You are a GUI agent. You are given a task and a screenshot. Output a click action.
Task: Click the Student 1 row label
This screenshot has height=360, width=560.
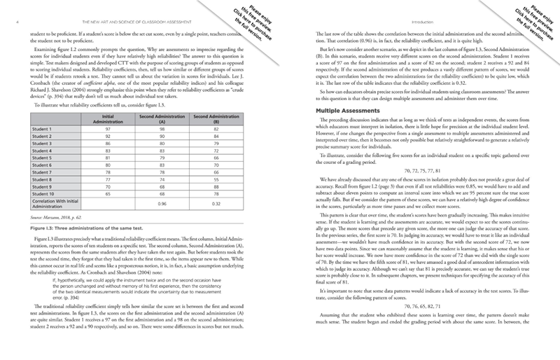point(45,130)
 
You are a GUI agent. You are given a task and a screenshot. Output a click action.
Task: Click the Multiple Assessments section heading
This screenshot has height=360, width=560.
point(347,111)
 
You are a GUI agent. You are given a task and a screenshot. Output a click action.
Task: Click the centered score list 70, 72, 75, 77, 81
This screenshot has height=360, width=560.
point(427,170)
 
